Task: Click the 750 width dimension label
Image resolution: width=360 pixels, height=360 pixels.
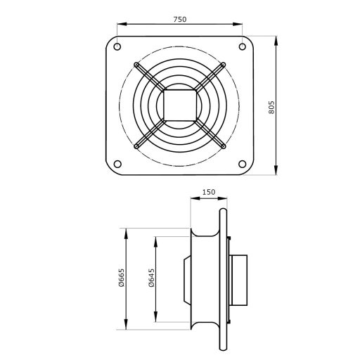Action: pyautogui.click(x=179, y=20)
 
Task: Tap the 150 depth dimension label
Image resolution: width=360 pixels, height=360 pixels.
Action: pyautogui.click(x=207, y=191)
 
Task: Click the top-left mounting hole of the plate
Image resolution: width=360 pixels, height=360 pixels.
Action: pyautogui.click(x=115, y=47)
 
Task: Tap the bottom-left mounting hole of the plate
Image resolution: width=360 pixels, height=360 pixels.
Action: pyautogui.click(x=115, y=165)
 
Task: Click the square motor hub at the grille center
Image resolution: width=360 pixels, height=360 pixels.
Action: pyautogui.click(x=179, y=106)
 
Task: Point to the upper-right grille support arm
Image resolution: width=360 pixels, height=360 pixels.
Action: pyautogui.click(x=209, y=77)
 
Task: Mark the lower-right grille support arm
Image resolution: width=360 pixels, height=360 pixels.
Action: pyautogui.click(x=209, y=136)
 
